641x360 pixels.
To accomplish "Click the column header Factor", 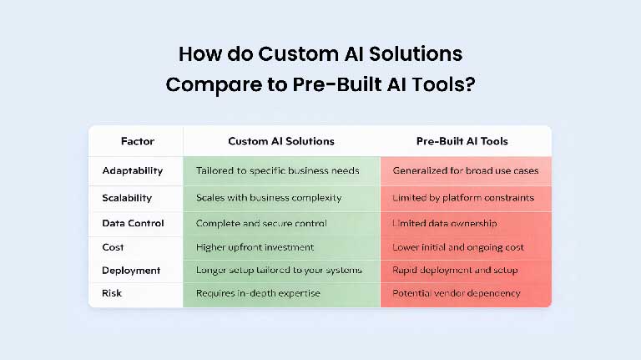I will coord(137,141).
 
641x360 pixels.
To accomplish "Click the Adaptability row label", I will coord(133,170).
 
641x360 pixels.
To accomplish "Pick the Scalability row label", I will coord(127,198).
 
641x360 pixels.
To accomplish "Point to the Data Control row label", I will coord(133,223).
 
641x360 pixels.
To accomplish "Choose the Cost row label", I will coord(114,247).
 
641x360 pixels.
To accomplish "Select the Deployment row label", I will coord(131,271).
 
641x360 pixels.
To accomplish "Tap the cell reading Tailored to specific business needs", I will coord(277,170).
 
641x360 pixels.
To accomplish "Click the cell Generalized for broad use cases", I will coord(466,170).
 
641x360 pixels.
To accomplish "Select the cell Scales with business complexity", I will coord(269,198).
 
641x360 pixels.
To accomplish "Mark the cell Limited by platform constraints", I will coord(463,198).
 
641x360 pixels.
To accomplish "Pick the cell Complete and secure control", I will coord(261,223).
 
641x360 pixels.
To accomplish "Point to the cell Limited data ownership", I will coord(445,223).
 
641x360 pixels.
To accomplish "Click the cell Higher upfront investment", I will coord(255,247).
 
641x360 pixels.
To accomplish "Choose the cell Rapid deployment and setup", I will coord(455,271).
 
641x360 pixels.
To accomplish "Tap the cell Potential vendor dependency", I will coord(457,293).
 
